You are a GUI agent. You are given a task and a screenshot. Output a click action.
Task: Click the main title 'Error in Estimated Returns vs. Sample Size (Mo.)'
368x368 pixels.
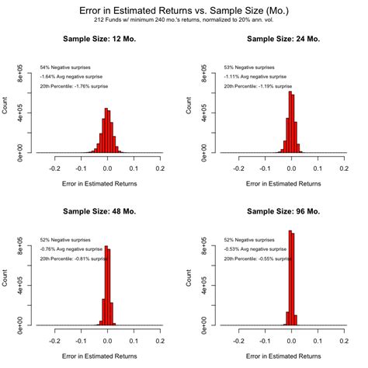coord(184,10)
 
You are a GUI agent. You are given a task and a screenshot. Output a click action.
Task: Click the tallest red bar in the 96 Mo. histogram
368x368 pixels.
coord(290,277)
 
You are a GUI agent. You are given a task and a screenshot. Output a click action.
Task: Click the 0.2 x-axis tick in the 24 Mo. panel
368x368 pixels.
coord(342,167)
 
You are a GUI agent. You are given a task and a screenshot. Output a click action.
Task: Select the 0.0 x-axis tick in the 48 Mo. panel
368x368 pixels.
coord(107,339)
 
